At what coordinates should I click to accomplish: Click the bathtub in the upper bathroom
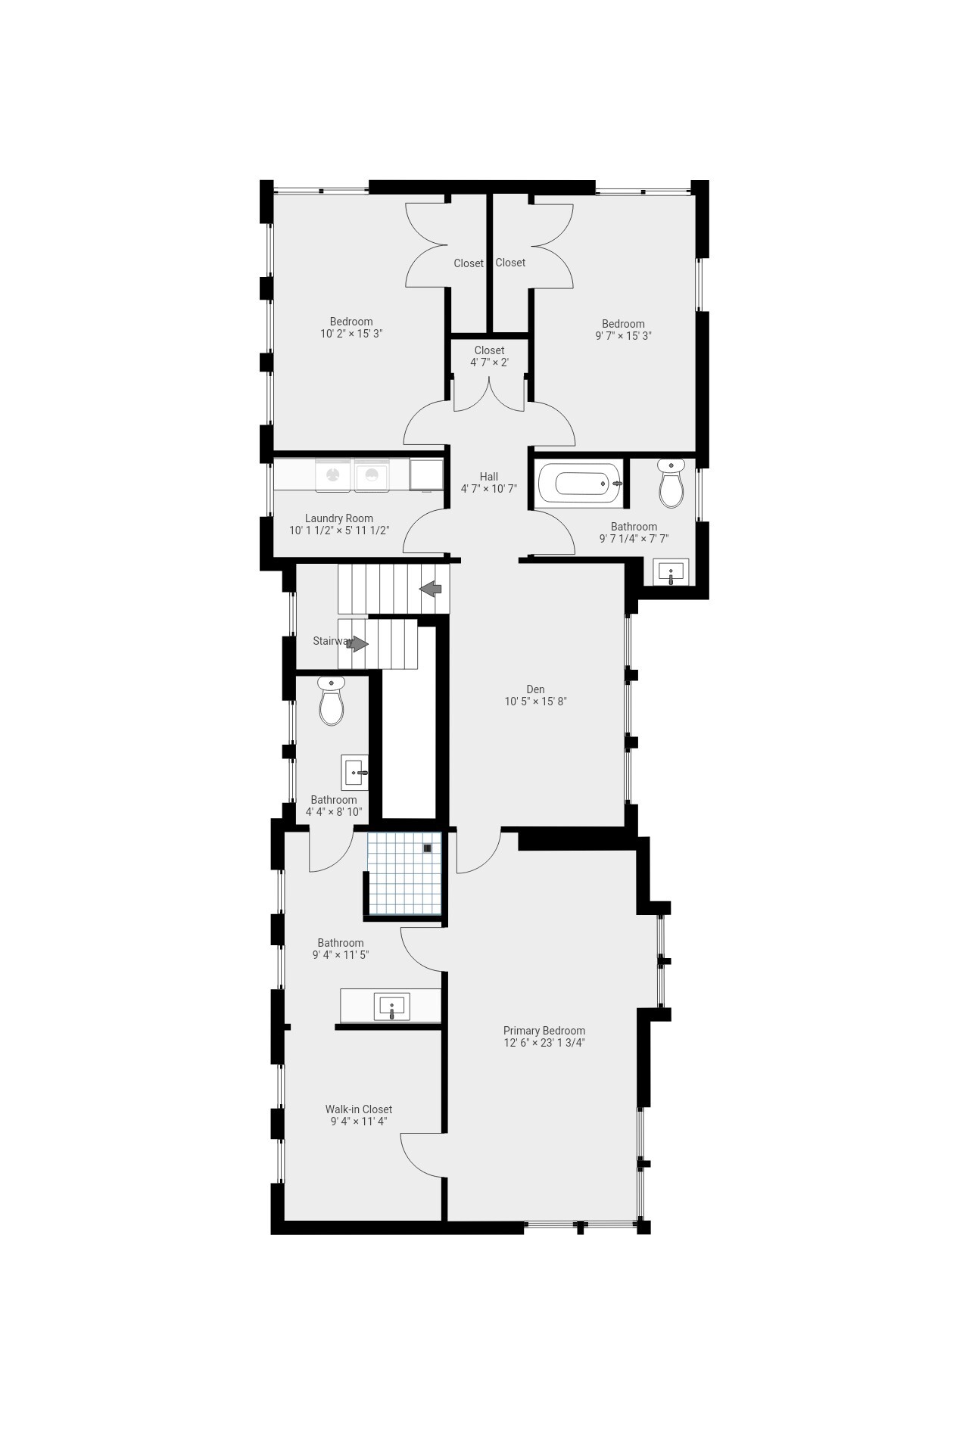coord(580,483)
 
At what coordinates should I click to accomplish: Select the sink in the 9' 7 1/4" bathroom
coord(671,571)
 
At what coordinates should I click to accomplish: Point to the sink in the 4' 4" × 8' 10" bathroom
coord(354,773)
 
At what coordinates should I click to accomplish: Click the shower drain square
coord(428,848)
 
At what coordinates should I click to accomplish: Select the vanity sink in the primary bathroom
coord(392,1007)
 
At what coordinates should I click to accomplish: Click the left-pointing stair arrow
coord(432,588)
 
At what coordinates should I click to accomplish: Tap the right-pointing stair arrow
coord(357,644)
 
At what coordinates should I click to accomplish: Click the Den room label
coord(535,689)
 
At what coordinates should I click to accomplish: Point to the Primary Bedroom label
coord(544,1031)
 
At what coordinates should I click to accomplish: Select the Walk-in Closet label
coord(359,1109)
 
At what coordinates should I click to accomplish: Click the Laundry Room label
coord(339,518)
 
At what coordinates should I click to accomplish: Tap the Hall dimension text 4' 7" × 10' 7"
coord(489,489)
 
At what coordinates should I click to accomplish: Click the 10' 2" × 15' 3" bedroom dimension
coord(351,334)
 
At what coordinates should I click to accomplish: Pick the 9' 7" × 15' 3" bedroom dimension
coord(623,335)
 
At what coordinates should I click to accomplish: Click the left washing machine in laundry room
coord(333,475)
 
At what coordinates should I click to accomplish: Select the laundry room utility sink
coord(426,474)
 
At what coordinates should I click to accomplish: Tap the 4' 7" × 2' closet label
coord(489,362)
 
